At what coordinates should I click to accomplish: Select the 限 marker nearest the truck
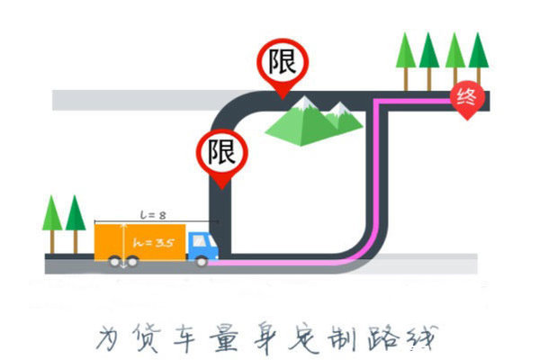coord(220,152)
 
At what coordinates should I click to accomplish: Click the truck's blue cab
coord(202,247)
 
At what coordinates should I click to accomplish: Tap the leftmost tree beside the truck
coord(53,220)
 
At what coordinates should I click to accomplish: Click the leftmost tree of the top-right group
coord(406,56)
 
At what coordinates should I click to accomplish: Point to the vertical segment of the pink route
coord(372,180)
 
